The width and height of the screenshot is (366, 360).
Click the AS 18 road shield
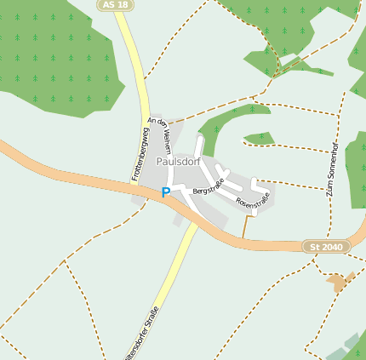coord(116,5)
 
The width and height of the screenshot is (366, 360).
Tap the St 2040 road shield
coord(326,246)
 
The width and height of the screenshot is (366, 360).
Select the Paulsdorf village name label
coord(183,161)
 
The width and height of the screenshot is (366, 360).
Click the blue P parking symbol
coord(166,193)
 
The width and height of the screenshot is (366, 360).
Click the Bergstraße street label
coord(209,186)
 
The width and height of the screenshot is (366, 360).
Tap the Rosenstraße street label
coord(253,200)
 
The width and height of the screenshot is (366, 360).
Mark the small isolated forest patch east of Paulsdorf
coord(260,138)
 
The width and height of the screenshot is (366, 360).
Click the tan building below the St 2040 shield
coord(340,282)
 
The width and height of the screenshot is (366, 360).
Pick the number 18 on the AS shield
coord(123,5)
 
